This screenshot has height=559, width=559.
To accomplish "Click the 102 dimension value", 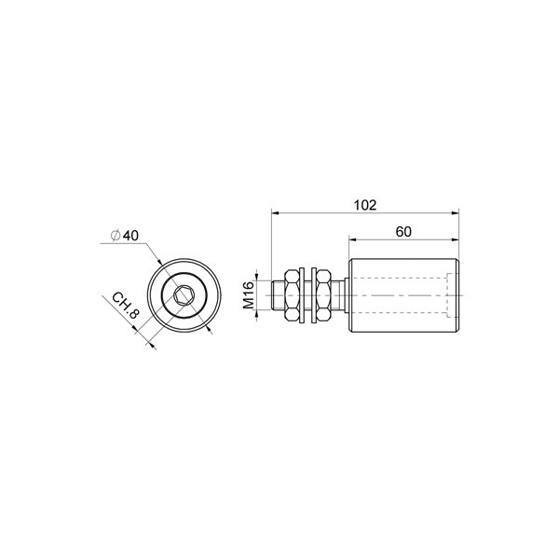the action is coord(364,205).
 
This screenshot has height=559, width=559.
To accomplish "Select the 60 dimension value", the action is coord(403,232).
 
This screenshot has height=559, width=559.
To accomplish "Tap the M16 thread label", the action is coord(249,294).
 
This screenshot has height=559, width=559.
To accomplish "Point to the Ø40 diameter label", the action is coord(125,236).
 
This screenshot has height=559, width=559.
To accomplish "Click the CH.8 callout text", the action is coord(125,306).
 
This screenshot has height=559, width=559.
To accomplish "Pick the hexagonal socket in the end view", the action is coord(184,295).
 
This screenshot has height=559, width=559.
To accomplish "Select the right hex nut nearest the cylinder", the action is coord(324,295).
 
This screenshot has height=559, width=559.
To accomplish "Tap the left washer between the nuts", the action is coord(303,295).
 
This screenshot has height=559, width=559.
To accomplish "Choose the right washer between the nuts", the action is coord(314,295).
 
